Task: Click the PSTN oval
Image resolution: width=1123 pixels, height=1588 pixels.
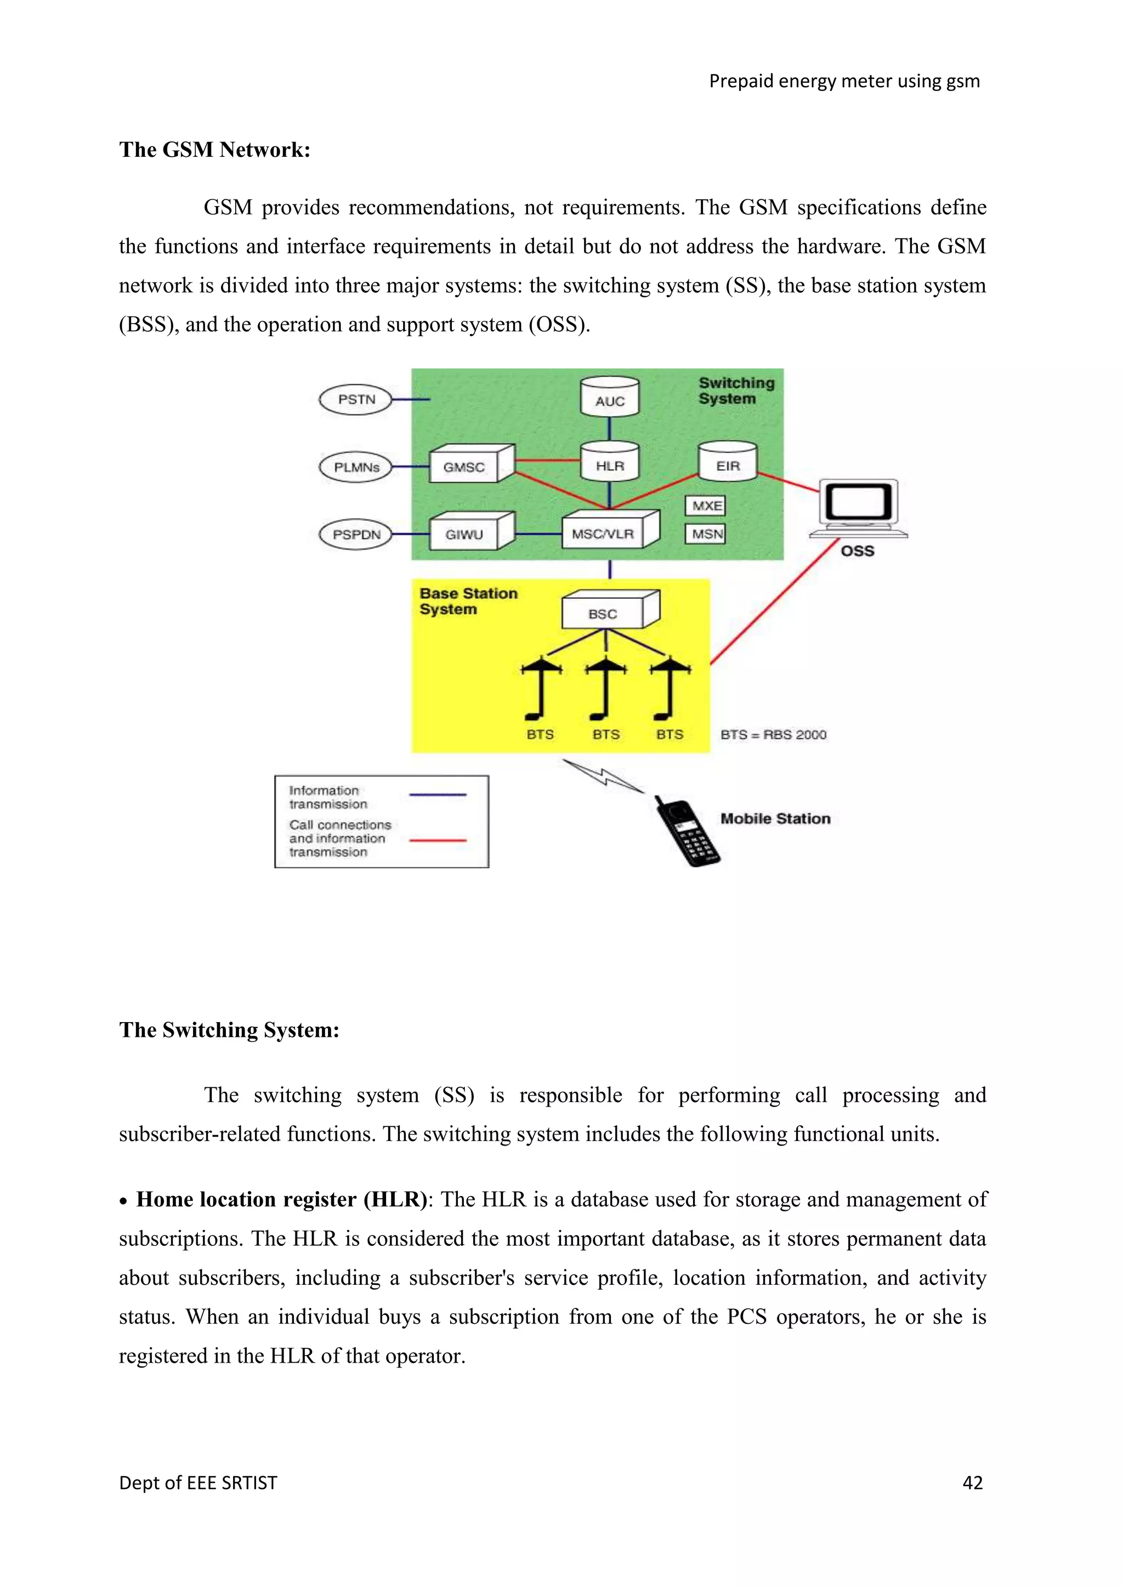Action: tap(356, 400)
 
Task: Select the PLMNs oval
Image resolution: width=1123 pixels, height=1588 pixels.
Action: tap(356, 468)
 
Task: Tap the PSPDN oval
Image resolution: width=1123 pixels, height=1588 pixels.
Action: tap(356, 535)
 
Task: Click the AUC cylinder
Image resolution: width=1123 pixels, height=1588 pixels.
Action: tap(609, 398)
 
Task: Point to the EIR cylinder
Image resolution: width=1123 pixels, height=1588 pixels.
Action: tap(728, 463)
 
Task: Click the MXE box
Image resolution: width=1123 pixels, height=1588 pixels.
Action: tap(707, 506)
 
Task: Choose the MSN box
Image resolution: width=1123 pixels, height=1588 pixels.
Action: tap(707, 534)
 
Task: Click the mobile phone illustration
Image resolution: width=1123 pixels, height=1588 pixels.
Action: tap(687, 832)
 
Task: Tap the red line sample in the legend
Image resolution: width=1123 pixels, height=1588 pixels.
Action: tap(438, 840)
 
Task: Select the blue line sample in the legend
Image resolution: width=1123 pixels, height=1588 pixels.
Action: tap(438, 795)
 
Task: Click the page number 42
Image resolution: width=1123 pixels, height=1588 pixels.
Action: tap(972, 1483)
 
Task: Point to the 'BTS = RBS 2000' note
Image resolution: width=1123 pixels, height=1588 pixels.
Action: tap(773, 735)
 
